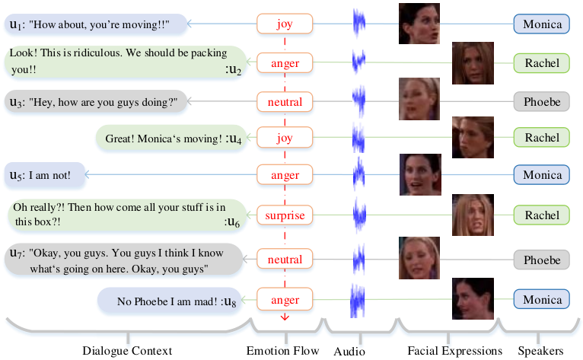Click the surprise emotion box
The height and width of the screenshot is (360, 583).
[x=285, y=215]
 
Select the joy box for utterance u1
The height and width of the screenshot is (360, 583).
[x=285, y=24]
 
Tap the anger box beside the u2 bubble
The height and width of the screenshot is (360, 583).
[x=285, y=63]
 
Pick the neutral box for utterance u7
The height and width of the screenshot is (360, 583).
[x=285, y=259]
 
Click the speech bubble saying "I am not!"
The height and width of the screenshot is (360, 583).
[x=45, y=175]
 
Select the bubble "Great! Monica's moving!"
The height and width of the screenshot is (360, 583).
[x=171, y=138]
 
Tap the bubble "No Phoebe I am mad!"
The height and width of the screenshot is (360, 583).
[x=170, y=301]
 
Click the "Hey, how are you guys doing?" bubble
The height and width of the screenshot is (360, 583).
[x=96, y=101]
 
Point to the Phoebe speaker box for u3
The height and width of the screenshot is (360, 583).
[x=541, y=101]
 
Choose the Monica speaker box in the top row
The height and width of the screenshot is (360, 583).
[x=541, y=24]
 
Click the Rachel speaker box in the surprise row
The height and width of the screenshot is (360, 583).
[x=541, y=215]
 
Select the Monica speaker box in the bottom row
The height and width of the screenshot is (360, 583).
[x=541, y=299]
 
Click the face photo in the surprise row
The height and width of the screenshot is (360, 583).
[x=473, y=215]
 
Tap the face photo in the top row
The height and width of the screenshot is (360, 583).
[x=419, y=24]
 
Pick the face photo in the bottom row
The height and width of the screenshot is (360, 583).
[x=473, y=298]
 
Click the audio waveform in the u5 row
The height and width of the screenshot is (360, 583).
[x=358, y=174]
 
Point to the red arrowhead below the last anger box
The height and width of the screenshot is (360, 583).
[x=285, y=317]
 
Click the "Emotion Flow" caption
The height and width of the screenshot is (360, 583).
[x=282, y=351]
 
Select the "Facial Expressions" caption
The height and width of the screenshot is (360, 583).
[x=454, y=351]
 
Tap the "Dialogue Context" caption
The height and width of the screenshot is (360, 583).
[x=127, y=351]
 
